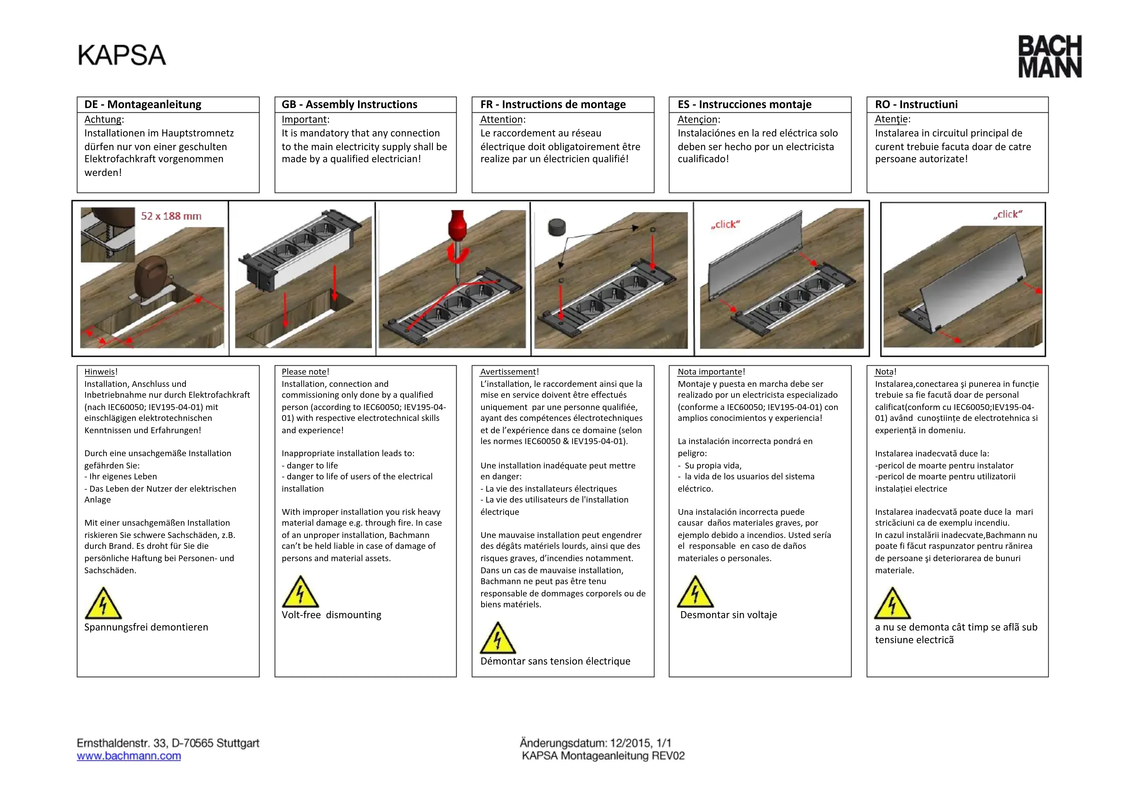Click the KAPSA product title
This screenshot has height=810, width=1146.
[122, 55]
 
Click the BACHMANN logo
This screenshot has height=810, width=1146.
[1050, 56]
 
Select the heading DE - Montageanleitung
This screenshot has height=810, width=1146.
[143, 104]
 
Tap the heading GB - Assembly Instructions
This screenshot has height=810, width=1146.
[349, 104]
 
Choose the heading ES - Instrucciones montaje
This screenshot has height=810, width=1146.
[744, 104]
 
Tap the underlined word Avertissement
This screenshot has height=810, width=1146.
[508, 372]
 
